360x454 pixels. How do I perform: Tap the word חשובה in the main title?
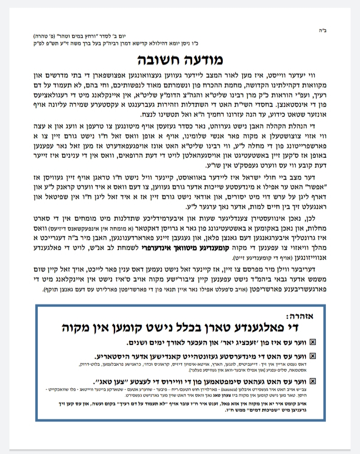point(158,59)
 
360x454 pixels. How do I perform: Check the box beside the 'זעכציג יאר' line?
point(313,342)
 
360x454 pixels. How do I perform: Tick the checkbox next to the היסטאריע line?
point(313,355)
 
